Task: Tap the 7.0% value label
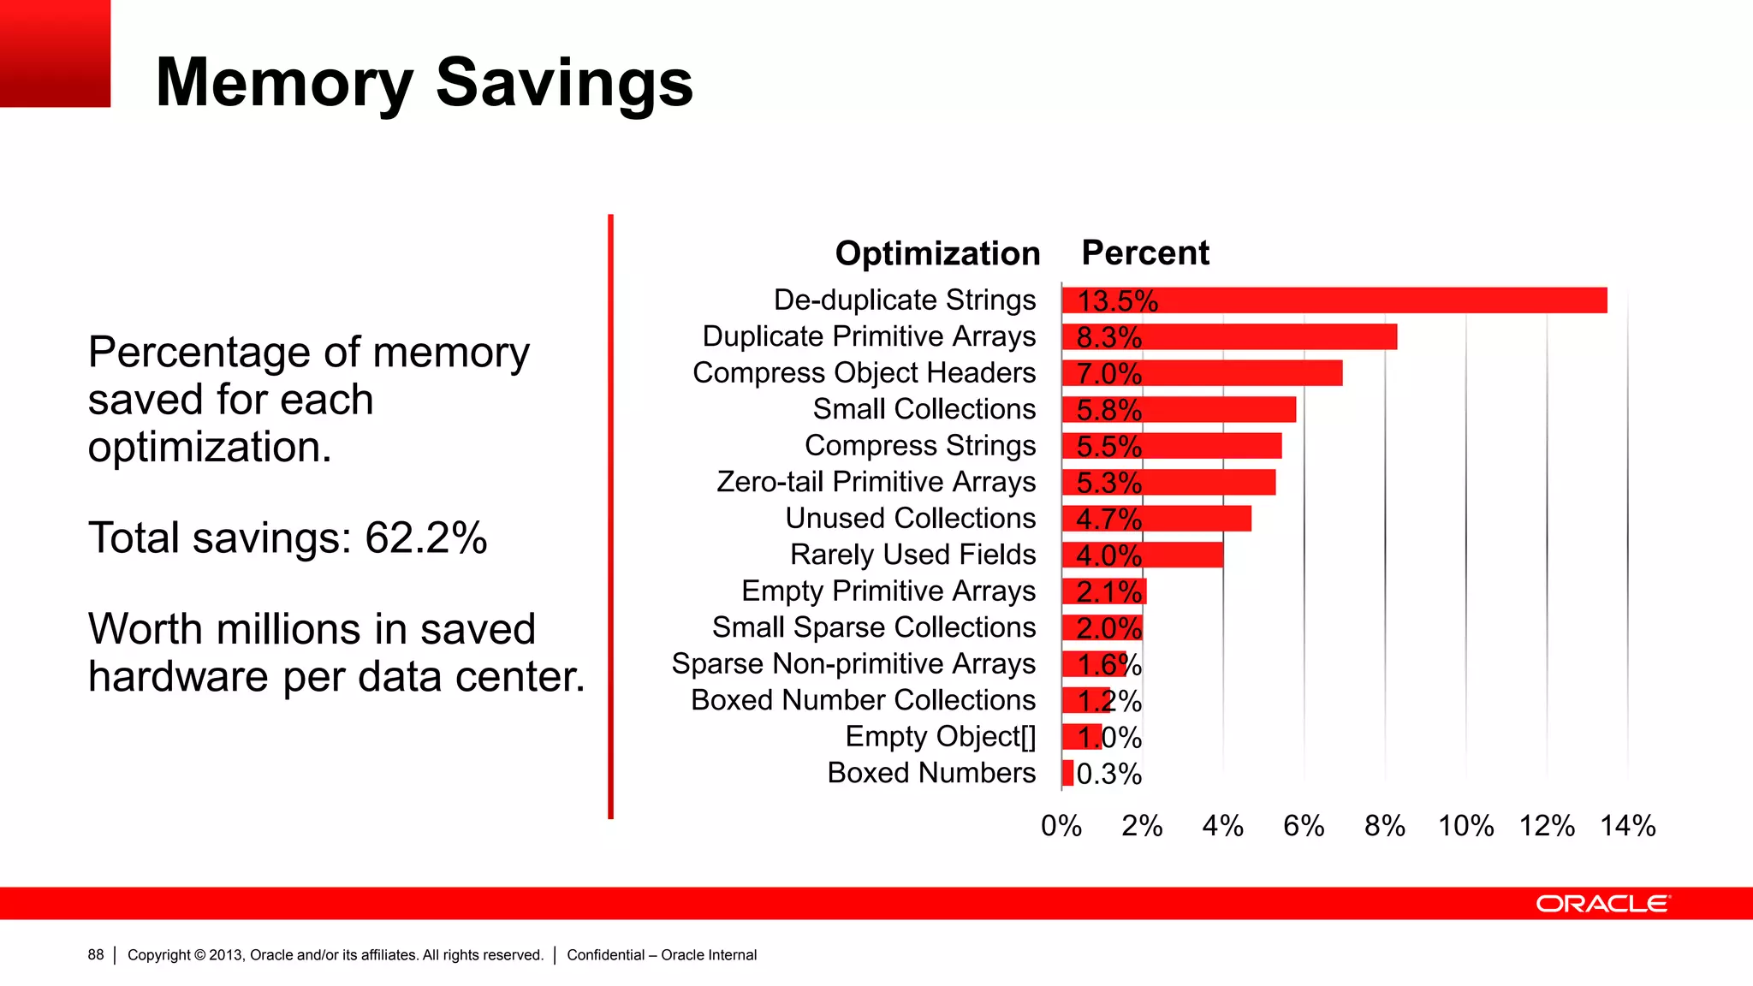click(1108, 374)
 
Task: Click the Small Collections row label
click(924, 409)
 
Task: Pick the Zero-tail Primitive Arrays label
click(876, 482)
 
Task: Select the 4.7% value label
click(1108, 520)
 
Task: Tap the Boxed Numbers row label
click(931, 773)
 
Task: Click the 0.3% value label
click(1109, 775)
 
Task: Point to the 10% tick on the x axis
click(1465, 826)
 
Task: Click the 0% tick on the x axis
click(1061, 826)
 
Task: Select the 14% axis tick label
click(1627, 826)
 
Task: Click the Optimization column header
click(937, 253)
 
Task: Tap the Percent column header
click(1145, 253)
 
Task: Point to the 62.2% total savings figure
click(425, 538)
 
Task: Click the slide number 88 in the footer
click(95, 954)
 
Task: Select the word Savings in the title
click(564, 82)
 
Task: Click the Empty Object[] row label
click(940, 736)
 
